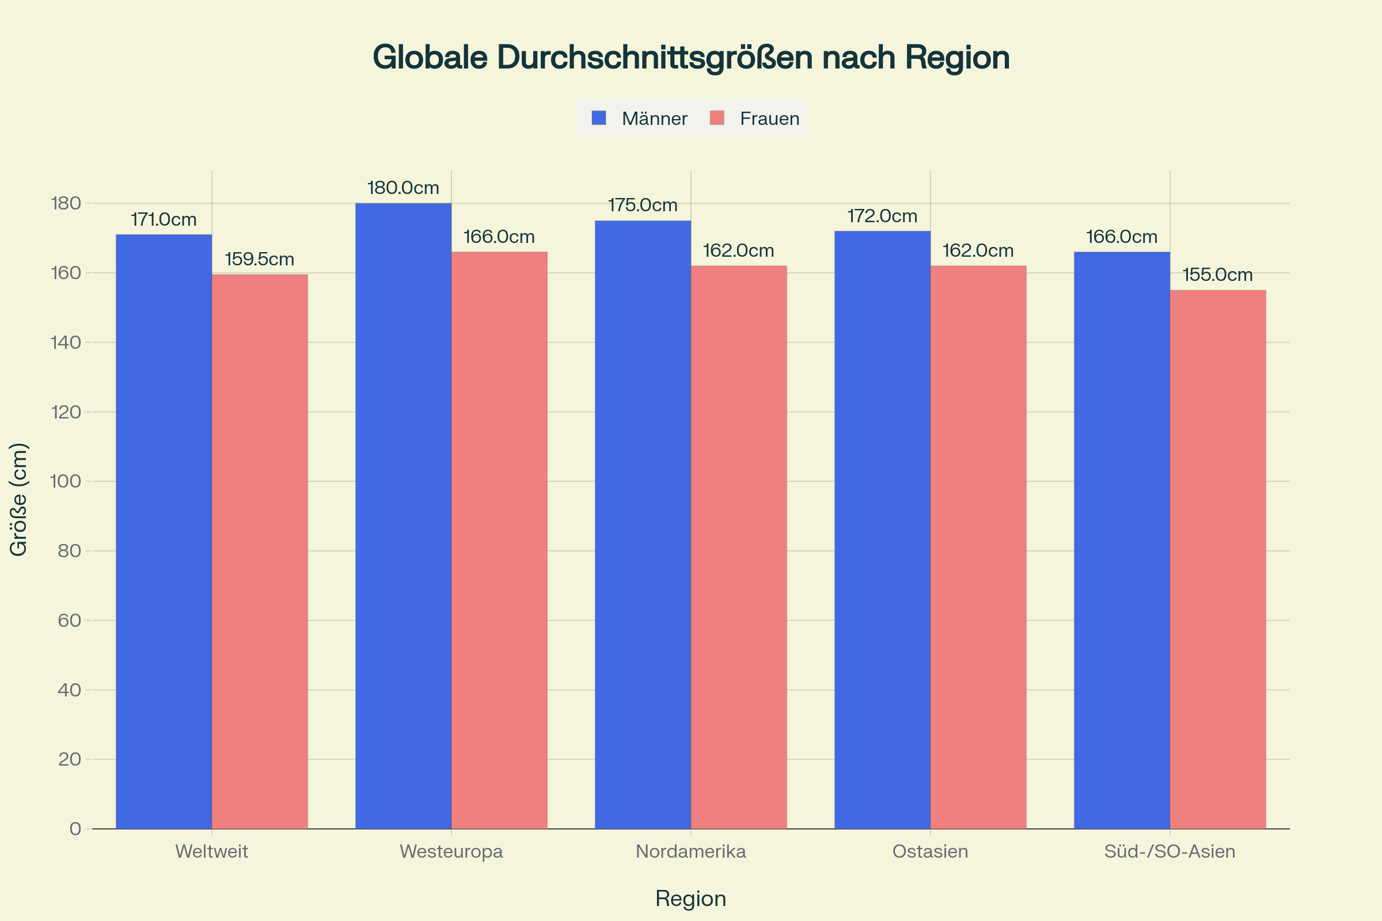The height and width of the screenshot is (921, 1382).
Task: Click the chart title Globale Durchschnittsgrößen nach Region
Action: pyautogui.click(x=691, y=58)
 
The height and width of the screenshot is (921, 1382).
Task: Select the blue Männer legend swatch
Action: pyautogui.click(x=599, y=118)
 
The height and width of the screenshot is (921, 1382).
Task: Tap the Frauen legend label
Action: pyautogui.click(x=769, y=119)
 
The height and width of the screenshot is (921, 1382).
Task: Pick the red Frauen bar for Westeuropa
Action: pyautogui.click(x=499, y=541)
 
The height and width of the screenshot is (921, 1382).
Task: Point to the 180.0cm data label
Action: pyautogui.click(x=403, y=188)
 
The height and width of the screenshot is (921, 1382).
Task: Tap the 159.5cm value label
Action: pyautogui.click(x=259, y=259)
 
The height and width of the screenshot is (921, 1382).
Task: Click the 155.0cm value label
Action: pyautogui.click(x=1217, y=275)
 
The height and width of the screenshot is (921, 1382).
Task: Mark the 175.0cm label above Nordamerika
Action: pyautogui.click(x=643, y=205)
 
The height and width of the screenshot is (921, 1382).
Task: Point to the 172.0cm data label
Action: pyautogui.click(x=882, y=216)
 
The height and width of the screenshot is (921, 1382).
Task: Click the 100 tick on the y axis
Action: pyautogui.click(x=65, y=481)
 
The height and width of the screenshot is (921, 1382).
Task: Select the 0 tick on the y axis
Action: pyautogui.click(x=75, y=829)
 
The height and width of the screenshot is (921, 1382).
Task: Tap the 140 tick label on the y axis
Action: pyautogui.click(x=65, y=342)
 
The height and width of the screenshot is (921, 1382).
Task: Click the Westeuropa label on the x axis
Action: pyautogui.click(x=451, y=851)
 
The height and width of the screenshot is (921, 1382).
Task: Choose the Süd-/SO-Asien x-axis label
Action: pyautogui.click(x=1170, y=851)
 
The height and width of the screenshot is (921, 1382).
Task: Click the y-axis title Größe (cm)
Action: pyautogui.click(x=19, y=499)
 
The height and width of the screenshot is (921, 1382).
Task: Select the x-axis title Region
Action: pyautogui.click(x=691, y=899)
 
